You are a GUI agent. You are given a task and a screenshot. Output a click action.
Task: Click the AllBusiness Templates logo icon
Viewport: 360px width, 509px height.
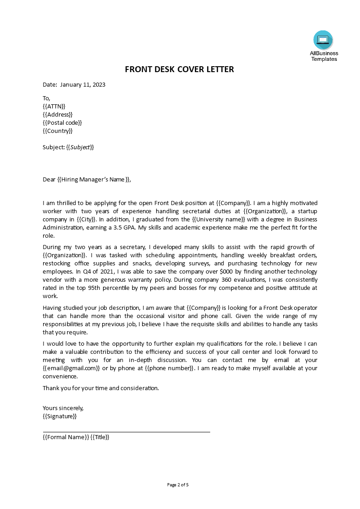(323, 40)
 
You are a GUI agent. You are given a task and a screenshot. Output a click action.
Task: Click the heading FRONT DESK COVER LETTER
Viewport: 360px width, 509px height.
(179, 69)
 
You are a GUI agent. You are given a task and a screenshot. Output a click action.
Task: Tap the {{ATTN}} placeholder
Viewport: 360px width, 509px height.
(54, 106)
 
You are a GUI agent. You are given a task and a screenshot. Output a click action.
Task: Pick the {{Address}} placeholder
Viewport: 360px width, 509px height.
(57, 114)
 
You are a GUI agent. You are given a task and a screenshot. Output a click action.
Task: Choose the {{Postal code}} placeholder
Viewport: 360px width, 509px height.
(62, 122)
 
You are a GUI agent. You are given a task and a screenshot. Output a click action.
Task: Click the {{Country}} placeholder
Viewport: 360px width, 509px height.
(57, 131)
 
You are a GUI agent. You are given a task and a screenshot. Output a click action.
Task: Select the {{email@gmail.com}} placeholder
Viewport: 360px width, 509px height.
(71, 368)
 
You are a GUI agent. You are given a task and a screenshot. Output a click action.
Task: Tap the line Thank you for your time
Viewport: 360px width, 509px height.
(101, 388)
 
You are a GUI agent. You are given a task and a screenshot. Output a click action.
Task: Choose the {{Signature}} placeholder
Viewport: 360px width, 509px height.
(59, 416)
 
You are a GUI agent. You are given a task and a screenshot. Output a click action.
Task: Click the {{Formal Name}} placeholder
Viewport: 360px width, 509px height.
(65, 437)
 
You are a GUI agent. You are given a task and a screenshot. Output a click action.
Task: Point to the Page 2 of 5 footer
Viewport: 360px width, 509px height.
(178, 485)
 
